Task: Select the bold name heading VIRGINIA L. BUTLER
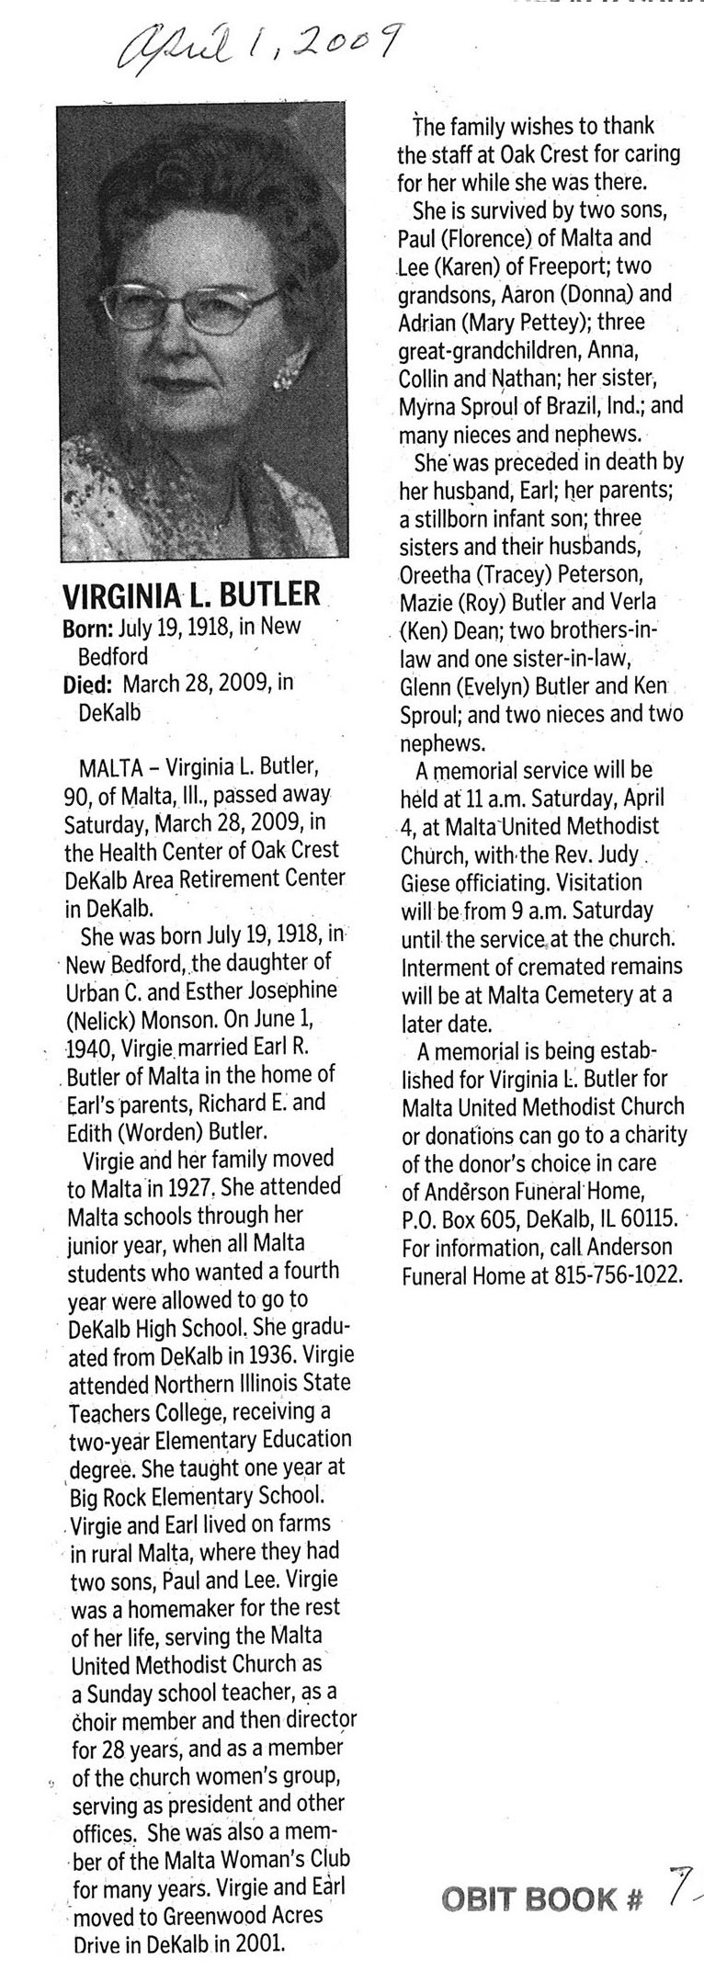191,595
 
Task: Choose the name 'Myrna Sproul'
460,407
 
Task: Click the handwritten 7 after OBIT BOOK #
677,1890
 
